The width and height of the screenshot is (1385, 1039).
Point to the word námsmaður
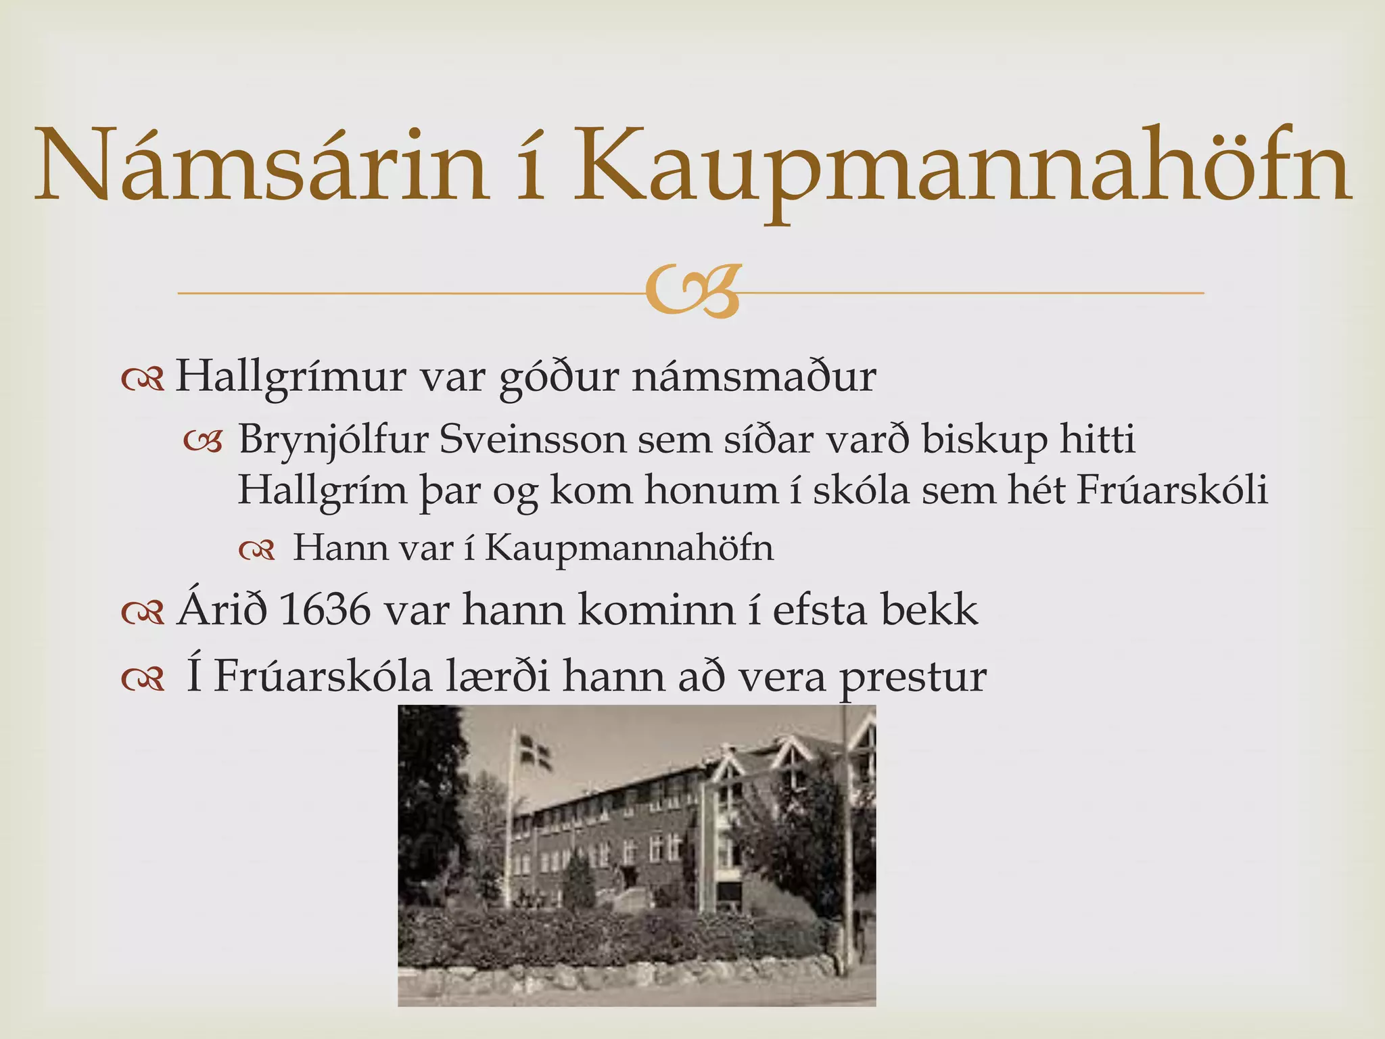coord(754,377)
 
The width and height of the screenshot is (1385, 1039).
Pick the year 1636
coord(324,610)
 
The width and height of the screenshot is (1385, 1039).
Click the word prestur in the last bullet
coord(913,676)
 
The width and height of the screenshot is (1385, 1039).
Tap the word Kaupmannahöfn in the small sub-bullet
coord(629,548)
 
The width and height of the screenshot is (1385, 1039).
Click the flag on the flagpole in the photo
coord(534,753)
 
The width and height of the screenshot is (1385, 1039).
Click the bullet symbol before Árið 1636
coord(143,613)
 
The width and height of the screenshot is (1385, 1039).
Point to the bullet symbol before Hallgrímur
coord(143,380)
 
